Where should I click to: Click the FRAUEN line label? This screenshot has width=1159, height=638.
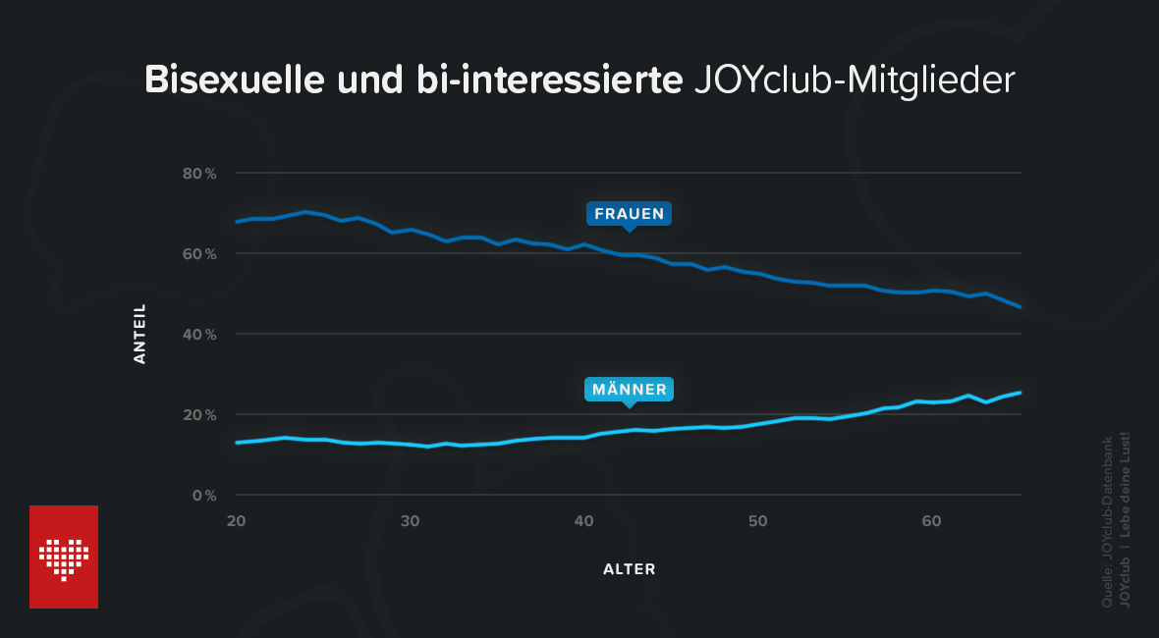(630, 213)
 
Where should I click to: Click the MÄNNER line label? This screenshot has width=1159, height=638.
(630, 390)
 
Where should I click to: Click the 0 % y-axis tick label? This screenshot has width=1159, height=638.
(203, 496)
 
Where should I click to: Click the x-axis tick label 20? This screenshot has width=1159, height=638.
(236, 519)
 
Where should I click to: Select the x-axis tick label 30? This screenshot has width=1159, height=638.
(411, 519)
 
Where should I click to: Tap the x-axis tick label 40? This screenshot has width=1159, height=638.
(584, 519)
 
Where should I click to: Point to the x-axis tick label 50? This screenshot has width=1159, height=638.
(759, 519)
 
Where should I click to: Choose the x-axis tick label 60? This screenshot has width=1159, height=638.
(933, 519)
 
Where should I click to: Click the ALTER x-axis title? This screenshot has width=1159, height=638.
(629, 569)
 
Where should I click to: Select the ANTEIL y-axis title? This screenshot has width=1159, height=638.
(139, 334)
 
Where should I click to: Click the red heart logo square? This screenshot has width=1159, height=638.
(64, 557)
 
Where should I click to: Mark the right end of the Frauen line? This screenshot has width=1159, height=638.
(1021, 307)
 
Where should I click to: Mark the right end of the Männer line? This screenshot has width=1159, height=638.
(1021, 393)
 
